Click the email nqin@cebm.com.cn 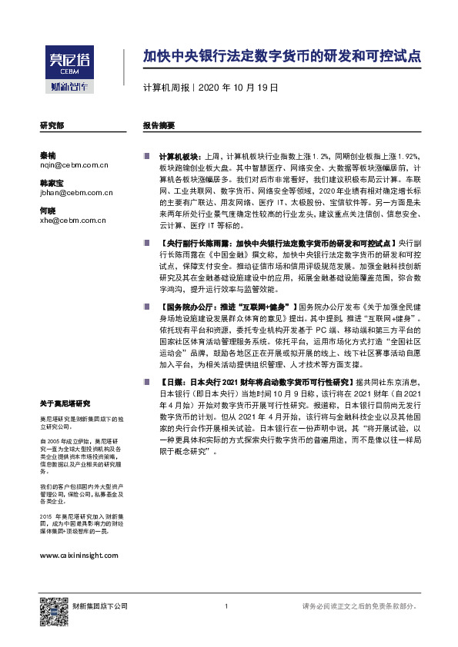[73, 164]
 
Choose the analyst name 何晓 [48, 211]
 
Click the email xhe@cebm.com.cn [72, 221]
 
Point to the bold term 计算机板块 [180, 154]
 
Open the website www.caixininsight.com [78, 554]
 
